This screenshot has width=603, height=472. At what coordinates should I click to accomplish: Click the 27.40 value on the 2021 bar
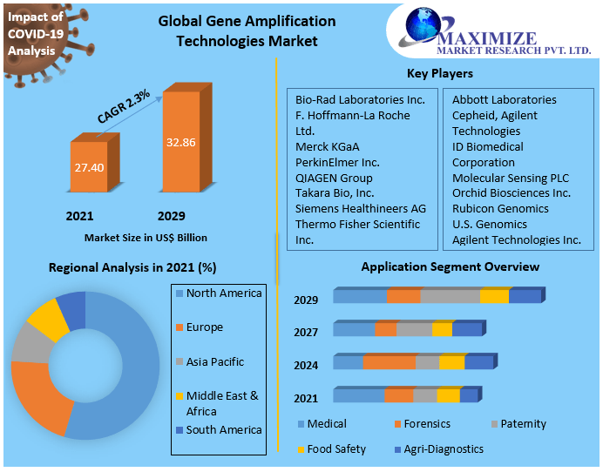[x=89, y=167]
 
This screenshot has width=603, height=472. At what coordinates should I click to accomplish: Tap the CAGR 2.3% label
[x=124, y=105]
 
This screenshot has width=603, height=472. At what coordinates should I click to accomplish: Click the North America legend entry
[x=223, y=293]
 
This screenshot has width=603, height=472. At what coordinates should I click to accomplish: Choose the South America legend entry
[x=223, y=429]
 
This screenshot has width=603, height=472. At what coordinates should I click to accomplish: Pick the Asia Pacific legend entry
[x=214, y=361]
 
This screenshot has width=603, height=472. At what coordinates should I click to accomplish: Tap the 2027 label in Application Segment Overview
[x=306, y=332]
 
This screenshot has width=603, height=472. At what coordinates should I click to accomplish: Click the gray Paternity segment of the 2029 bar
[x=451, y=296]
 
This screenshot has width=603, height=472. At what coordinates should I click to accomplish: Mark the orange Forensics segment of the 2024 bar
[x=390, y=362]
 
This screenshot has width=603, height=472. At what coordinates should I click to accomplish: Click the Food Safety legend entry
[x=335, y=449]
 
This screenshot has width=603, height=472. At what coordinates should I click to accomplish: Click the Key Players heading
[x=440, y=74]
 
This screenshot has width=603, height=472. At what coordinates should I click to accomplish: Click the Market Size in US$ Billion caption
[x=146, y=237]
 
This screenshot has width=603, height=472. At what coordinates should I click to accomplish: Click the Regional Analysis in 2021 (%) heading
[x=132, y=267]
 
